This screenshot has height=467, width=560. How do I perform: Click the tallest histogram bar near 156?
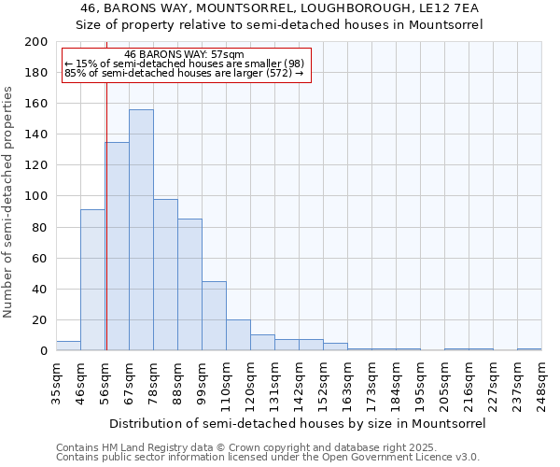pyautogui.click(x=141, y=230)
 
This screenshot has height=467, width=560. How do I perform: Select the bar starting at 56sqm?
pyautogui.click(x=118, y=247)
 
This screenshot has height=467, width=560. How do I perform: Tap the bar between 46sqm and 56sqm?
pyautogui.click(x=92, y=280)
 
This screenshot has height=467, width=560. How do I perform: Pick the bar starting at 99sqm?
pyautogui.click(x=214, y=316)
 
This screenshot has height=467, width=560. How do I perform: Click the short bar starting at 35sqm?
pyautogui.click(x=68, y=346)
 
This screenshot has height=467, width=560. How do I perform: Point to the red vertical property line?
pyautogui.click(x=106, y=215)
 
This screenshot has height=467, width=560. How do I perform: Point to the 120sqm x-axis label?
pyautogui.click(x=250, y=383)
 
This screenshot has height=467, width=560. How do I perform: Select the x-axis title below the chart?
pyautogui.click(x=298, y=423)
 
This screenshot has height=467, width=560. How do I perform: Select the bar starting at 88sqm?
pyautogui.click(x=189, y=285)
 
